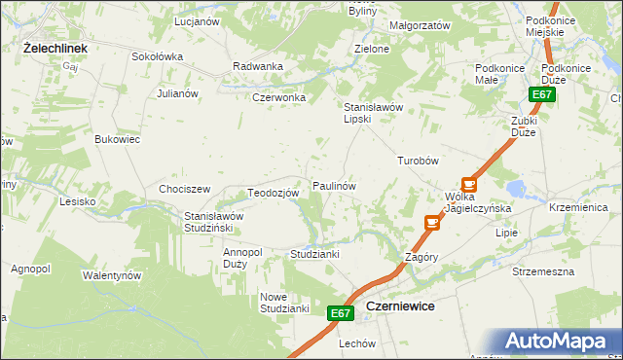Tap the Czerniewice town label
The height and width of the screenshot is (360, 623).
pos(399,306)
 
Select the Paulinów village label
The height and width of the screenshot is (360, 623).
pos(333,185)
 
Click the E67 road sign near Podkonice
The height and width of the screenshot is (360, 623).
pos(543,94)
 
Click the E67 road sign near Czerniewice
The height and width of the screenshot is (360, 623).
pos(339,312)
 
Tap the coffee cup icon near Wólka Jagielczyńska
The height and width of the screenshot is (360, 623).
pos(469,183)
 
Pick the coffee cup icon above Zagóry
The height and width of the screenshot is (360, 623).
pos(432,223)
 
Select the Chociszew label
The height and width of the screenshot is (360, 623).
pos(185,188)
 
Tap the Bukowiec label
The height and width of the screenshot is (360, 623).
pos(117,139)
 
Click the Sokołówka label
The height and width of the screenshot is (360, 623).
pos(158,56)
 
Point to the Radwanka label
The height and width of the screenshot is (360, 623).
pos(258,66)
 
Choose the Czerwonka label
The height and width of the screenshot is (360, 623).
pos(279,97)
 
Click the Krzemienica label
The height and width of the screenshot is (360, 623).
pos(578,208)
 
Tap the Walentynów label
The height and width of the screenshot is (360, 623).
pos(112,275)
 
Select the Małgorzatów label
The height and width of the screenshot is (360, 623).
pos(419,24)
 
